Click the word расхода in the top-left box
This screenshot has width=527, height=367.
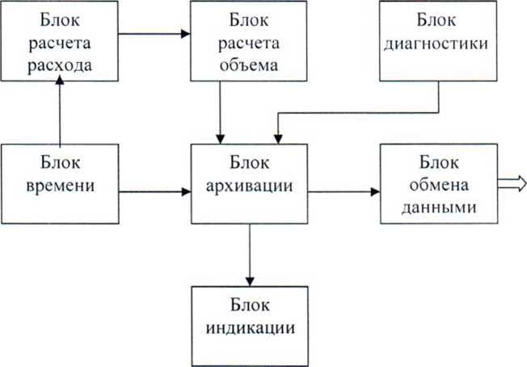pos(60,66)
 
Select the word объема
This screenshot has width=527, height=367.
pos(249,65)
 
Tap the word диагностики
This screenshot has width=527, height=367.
pos(436,44)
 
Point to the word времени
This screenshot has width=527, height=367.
pos(60,186)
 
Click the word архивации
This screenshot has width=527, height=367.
pos(250,186)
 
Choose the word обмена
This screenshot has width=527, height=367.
pos(439,185)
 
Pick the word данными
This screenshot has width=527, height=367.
pos(439,207)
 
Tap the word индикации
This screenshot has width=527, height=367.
pos(251,327)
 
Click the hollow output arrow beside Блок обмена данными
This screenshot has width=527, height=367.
pos(512,184)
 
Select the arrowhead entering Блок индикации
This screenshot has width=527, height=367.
pos(250,282)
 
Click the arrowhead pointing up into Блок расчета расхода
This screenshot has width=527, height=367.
pos(60,80)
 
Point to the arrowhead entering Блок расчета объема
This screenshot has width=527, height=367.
pos(186,34)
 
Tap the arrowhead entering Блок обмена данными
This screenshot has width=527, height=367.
pos(375,192)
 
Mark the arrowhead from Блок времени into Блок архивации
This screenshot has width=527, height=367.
pos(187,192)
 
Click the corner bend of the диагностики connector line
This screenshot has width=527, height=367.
pos(438,113)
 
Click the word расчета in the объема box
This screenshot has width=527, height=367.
pos(249,44)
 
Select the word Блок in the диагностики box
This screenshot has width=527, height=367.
pos(436,20)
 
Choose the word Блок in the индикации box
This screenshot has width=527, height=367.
pos(250,305)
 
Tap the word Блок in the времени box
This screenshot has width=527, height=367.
pos(61,163)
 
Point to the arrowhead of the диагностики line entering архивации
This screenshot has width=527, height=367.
pos(278,139)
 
